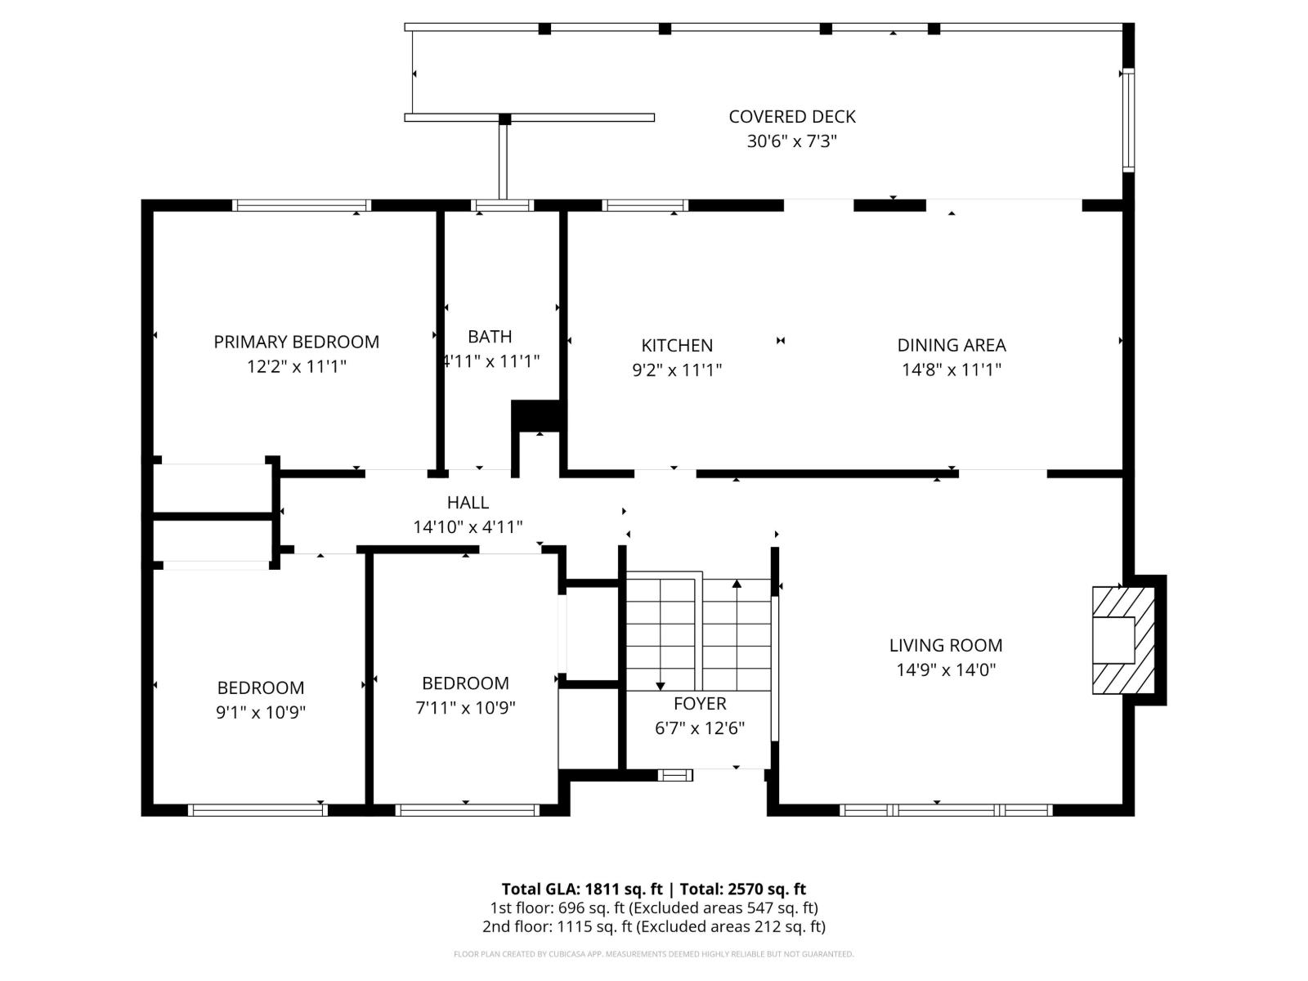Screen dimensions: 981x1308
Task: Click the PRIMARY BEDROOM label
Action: point(296,342)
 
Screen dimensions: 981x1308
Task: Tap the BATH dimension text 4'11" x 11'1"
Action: point(490,361)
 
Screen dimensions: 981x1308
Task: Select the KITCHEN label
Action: point(677,345)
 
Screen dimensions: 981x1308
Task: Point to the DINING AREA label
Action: point(951,345)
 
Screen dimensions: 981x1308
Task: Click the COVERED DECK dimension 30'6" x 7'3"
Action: point(791,141)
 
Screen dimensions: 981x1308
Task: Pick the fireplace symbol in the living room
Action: point(1123,640)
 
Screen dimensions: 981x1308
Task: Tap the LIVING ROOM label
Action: point(946,645)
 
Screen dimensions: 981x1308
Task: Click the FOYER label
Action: point(700,703)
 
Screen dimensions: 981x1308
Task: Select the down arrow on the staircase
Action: point(661,685)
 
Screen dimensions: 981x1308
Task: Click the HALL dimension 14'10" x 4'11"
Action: point(468,527)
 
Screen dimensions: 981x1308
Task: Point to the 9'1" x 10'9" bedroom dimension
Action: point(261,712)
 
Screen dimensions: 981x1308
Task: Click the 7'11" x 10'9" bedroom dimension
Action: point(465,707)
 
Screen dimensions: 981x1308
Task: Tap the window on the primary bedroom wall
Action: point(301,205)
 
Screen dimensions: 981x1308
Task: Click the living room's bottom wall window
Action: point(946,810)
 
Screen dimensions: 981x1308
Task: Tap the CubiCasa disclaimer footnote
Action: point(653,954)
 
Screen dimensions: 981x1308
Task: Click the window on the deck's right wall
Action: point(1128,121)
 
